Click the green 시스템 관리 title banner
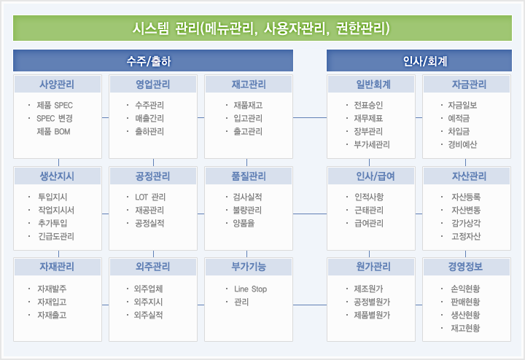(262, 28)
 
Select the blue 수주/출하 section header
(153, 60)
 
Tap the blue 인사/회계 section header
(419, 60)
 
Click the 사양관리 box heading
(58, 85)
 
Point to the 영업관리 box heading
(153, 85)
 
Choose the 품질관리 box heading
(249, 176)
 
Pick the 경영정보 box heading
(467, 267)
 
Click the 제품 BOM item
(53, 131)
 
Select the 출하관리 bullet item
(149, 131)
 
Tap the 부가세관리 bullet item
(372, 144)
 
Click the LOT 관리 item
(150, 197)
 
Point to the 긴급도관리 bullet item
(56, 236)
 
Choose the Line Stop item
(250, 289)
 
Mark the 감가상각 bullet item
(466, 223)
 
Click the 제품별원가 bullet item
(372, 315)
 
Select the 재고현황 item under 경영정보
(465, 328)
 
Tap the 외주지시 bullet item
(148, 302)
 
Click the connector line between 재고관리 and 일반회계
(310, 118)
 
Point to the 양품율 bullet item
(244, 223)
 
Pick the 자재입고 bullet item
(52, 302)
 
